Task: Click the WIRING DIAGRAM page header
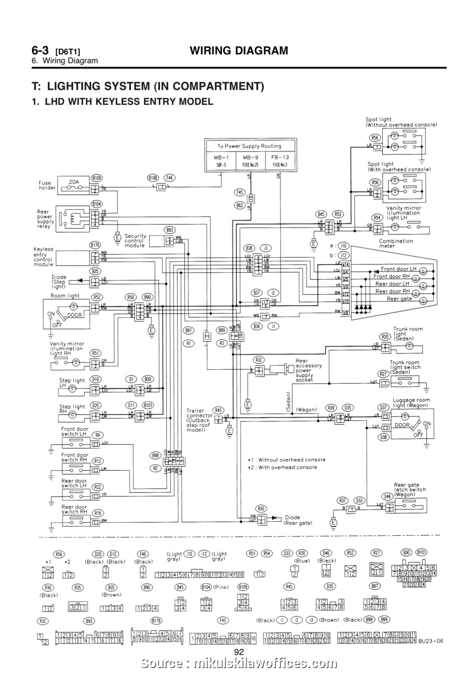click(x=239, y=50)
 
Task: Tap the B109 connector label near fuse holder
click(x=97, y=177)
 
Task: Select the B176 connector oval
click(x=95, y=245)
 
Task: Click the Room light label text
click(x=65, y=296)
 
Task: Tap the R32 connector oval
click(x=259, y=360)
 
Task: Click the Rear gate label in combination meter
click(x=399, y=299)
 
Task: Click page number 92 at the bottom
click(x=239, y=651)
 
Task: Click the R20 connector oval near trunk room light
click(x=384, y=336)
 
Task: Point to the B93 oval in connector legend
click(x=89, y=621)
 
